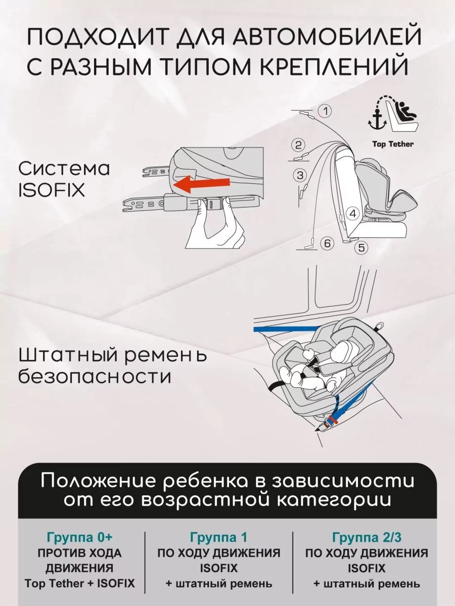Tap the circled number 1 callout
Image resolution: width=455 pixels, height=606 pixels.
(x=326, y=111)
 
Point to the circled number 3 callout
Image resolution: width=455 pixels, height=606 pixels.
(x=300, y=175)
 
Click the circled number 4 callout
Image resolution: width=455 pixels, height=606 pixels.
(x=353, y=214)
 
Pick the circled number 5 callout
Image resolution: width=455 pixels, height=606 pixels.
(x=361, y=247)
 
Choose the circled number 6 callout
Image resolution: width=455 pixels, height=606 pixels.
(x=327, y=243)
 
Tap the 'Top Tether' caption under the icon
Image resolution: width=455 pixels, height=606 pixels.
(x=393, y=144)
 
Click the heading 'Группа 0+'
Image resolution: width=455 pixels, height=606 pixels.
(x=79, y=537)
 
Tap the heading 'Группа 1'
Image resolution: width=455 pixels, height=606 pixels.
(x=218, y=537)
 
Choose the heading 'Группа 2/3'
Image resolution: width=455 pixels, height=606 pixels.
(x=367, y=537)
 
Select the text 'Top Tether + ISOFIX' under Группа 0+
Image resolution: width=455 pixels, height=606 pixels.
(x=79, y=583)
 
